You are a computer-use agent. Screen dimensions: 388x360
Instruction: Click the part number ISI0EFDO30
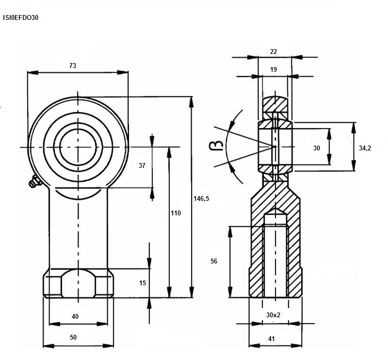pyautogui.click(x=20, y=17)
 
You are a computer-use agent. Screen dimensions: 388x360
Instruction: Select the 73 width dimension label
pyautogui.click(x=72, y=65)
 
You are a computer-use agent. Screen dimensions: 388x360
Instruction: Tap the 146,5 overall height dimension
pyautogui.click(x=201, y=198)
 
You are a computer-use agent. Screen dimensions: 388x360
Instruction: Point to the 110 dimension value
pyautogui.click(x=176, y=213)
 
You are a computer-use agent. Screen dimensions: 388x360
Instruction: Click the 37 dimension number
pyautogui.click(x=142, y=165)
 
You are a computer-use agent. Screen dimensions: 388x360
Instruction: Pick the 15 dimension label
pyautogui.click(x=143, y=283)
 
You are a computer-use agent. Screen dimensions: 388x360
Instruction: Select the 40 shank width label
pyautogui.click(x=75, y=316)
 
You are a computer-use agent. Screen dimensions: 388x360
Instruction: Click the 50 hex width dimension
pyautogui.click(x=73, y=337)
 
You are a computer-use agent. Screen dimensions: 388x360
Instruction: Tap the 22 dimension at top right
pyautogui.click(x=274, y=51)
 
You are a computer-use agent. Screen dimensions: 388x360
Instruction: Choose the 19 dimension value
pyautogui.click(x=274, y=69)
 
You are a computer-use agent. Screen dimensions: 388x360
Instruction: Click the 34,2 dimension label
pyautogui.click(x=365, y=148)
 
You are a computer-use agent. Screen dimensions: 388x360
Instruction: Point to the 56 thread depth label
pyautogui.click(x=214, y=261)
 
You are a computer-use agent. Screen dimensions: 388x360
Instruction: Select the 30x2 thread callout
pyautogui.click(x=273, y=315)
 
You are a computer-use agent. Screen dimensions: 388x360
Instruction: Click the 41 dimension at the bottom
pyautogui.click(x=272, y=339)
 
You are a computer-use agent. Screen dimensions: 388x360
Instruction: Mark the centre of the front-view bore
pyautogui.click(x=78, y=147)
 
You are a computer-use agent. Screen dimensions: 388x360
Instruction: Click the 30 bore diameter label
pyautogui.click(x=317, y=148)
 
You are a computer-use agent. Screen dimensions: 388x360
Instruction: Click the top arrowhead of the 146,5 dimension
pyautogui.click(x=191, y=101)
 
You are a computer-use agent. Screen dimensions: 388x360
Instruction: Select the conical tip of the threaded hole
pyautogui.click(x=275, y=211)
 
